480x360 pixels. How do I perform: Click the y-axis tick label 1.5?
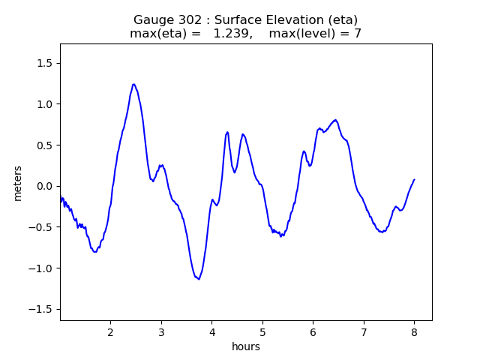pos(46,63)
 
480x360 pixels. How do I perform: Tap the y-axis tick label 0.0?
pos(46,186)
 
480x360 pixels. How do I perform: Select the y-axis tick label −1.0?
pos(43,268)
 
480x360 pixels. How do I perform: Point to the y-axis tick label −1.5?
pos(43,310)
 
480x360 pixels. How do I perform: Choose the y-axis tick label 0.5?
pos(46,145)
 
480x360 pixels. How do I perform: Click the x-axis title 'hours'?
pos(246,346)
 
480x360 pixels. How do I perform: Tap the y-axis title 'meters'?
pos(17,183)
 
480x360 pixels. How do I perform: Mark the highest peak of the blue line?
pos(133,84)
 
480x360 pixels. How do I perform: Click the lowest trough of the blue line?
pos(199,279)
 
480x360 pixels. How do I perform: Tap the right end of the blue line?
pos(414,180)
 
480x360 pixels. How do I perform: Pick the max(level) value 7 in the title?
pos(358,34)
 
